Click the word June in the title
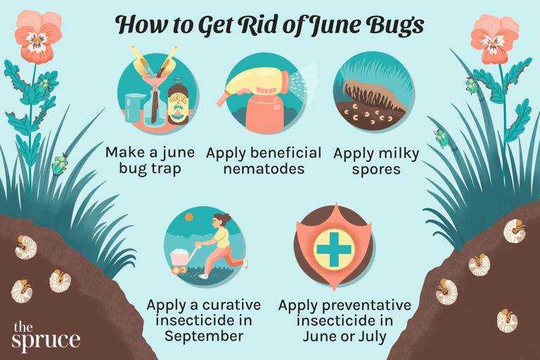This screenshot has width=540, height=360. point(328,25)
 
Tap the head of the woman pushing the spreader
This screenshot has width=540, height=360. point(223,221)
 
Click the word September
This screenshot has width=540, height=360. point(204,336)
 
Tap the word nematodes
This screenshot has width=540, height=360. point(263,170)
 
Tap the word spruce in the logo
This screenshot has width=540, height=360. point(46,341)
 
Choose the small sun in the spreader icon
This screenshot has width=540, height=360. point(188,217)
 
